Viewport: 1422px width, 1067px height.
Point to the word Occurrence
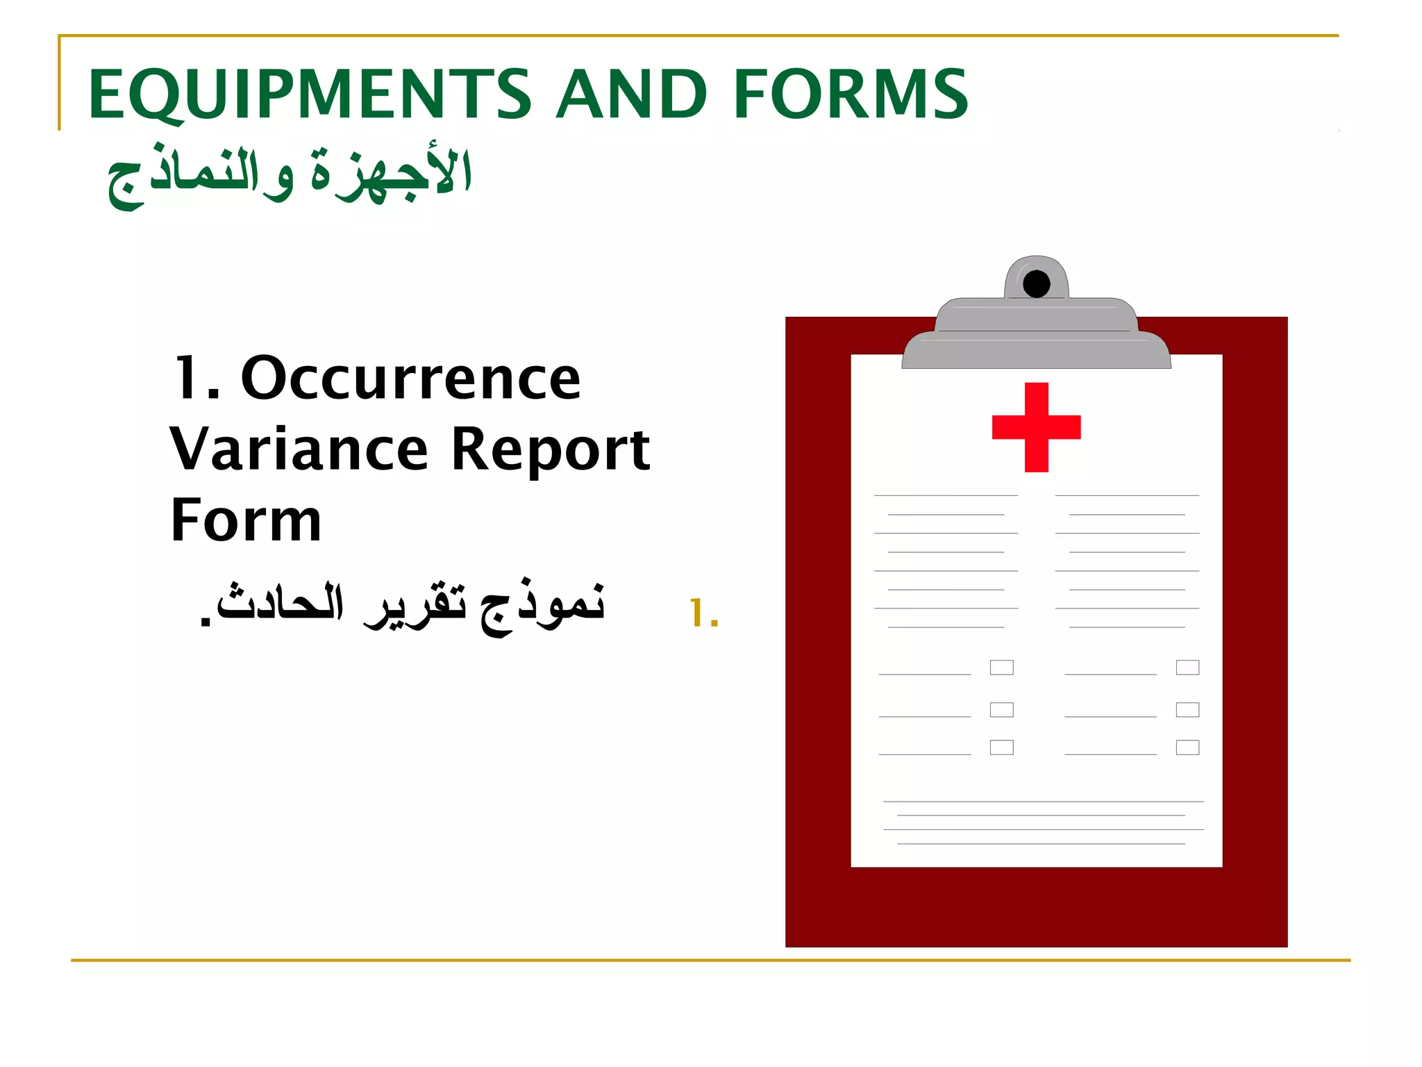[410, 379]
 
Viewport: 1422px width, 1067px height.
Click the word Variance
[299, 450]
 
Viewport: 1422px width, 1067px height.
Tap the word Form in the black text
[246, 520]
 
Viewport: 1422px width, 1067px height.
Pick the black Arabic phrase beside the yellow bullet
[403, 605]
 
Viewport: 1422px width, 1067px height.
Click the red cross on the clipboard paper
[1036, 427]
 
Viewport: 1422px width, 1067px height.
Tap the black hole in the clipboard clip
[1036, 284]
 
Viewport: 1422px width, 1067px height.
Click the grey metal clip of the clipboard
[1036, 333]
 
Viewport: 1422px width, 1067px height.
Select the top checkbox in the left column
[1001, 668]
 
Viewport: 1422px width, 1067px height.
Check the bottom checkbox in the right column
[1187, 747]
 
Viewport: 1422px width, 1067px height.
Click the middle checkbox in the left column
[1001, 709]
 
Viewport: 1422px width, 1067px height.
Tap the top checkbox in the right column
[1187, 668]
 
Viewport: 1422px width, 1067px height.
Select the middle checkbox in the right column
[1187, 709]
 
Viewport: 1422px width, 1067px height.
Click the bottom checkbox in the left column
[1001, 747]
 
